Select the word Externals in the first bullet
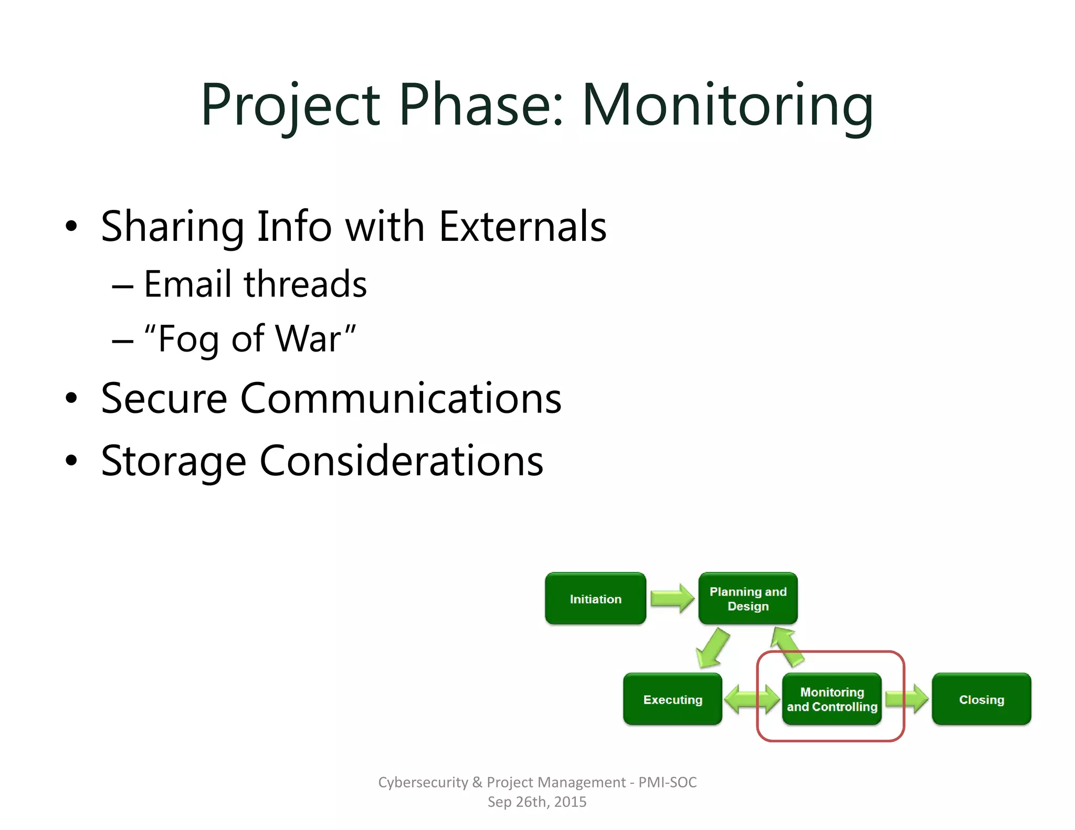point(522,227)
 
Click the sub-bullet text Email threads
point(255,284)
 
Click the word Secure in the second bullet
point(164,398)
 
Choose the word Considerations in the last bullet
point(401,461)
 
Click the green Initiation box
point(595,599)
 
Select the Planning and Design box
point(747,599)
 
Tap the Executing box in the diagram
point(672,699)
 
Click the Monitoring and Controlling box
point(831,699)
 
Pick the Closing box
point(981,699)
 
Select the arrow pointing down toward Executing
point(712,648)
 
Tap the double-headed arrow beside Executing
point(752,699)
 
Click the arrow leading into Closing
point(907,699)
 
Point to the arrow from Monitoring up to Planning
point(787,647)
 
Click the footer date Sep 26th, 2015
point(536,802)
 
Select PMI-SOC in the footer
point(667,782)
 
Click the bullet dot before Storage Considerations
point(71,461)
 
